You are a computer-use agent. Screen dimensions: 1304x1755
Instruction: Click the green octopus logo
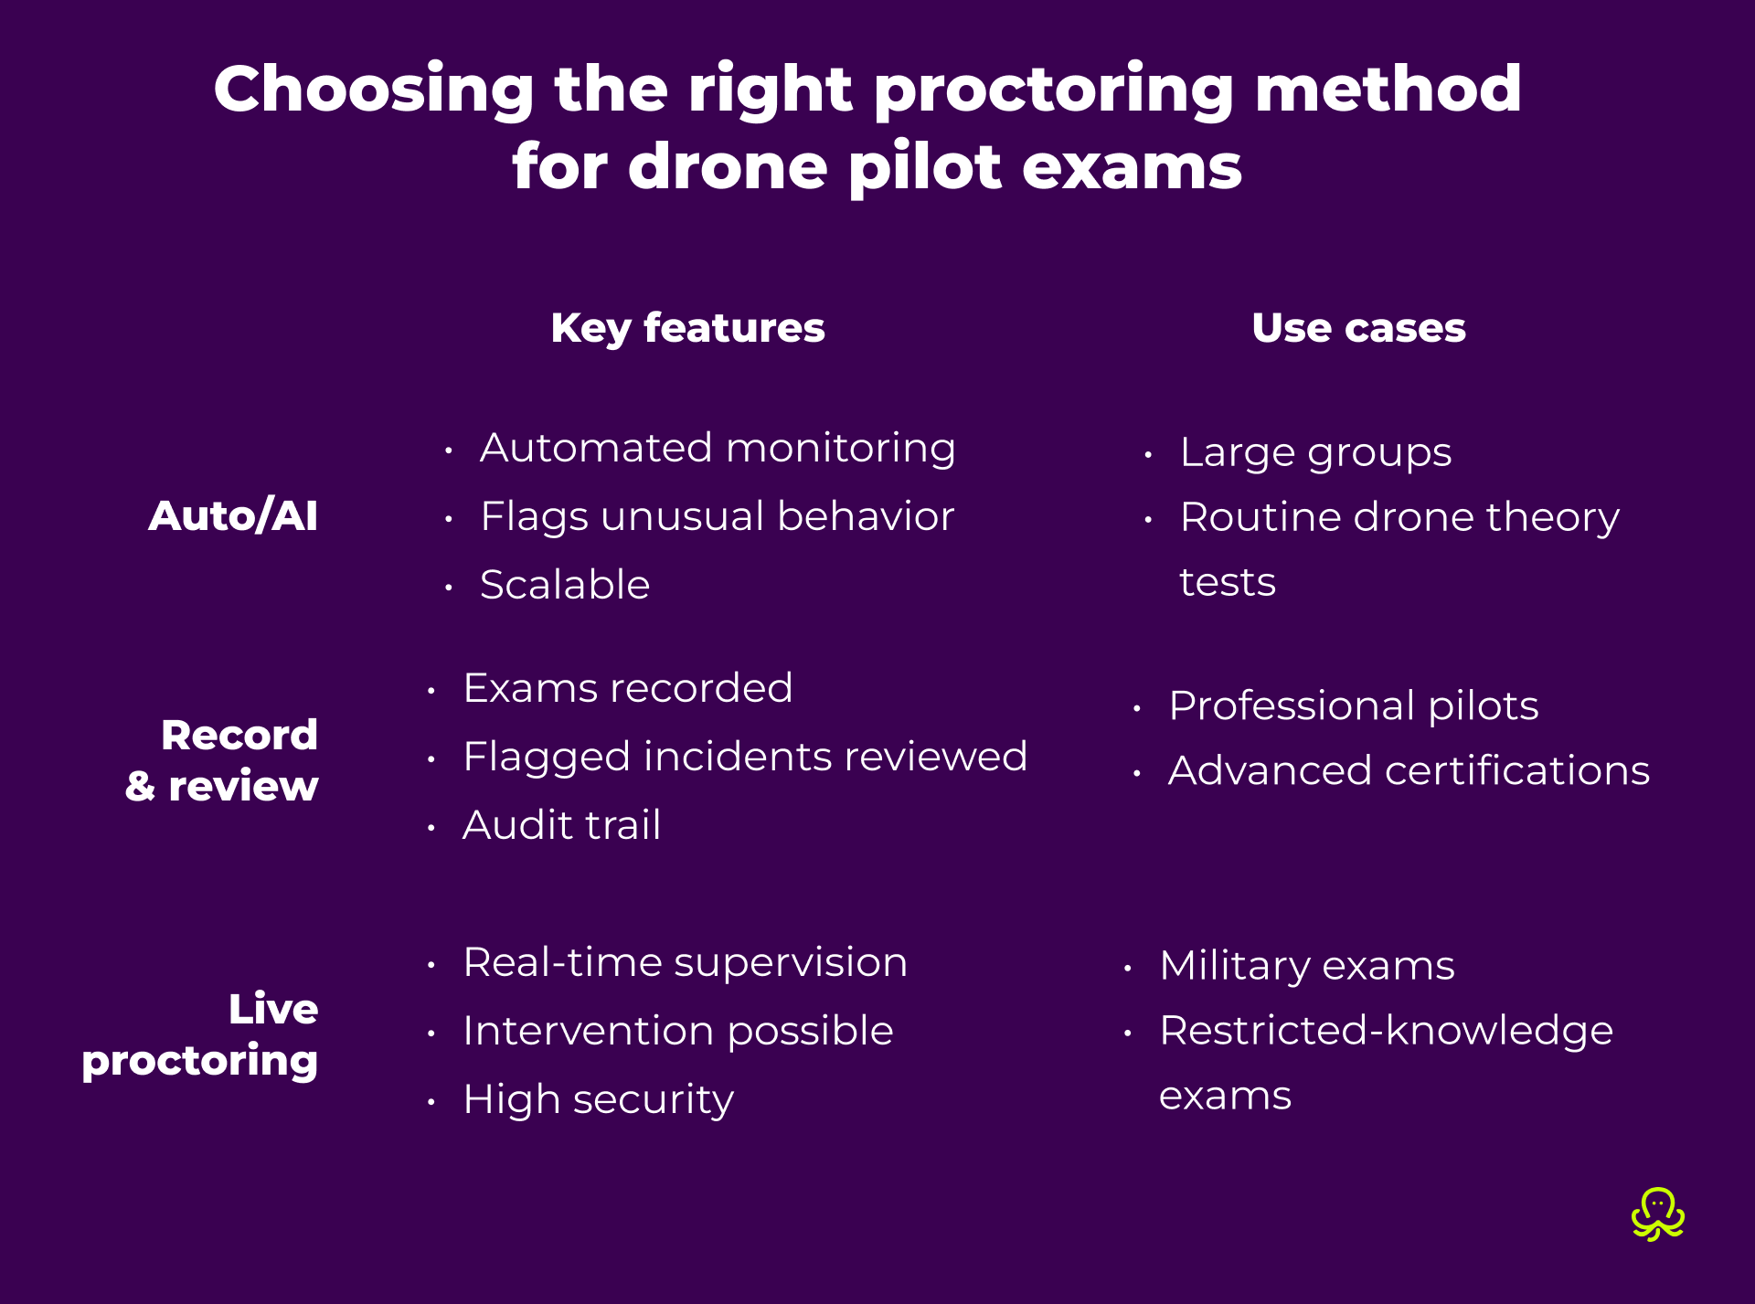point(1657,1214)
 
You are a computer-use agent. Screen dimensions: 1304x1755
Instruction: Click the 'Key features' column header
point(687,328)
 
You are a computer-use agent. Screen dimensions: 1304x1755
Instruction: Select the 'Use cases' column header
point(1358,328)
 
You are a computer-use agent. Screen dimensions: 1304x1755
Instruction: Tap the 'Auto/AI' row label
point(233,516)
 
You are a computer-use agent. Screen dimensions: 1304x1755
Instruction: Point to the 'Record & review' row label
point(223,760)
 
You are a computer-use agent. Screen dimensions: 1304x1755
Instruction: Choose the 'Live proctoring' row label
point(201,1034)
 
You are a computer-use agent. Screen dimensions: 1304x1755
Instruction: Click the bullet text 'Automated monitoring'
point(718,449)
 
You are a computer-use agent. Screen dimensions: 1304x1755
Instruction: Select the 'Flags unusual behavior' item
point(718,517)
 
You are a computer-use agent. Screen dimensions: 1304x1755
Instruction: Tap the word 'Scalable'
point(565,585)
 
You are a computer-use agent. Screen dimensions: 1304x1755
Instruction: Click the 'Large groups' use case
point(1315,453)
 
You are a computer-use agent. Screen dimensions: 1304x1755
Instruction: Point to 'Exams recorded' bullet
point(628,688)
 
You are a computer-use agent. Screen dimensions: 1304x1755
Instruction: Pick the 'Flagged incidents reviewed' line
point(745,757)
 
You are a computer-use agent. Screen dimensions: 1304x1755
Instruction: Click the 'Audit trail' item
point(561,825)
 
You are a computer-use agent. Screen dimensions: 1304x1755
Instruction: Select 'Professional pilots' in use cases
point(1354,706)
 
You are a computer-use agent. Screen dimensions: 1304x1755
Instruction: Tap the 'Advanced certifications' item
point(1409,771)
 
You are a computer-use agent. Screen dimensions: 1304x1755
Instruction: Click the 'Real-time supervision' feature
point(685,962)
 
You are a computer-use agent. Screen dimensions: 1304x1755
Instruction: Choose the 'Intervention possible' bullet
point(677,1031)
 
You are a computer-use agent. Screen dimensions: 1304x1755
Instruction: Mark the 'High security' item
point(598,1099)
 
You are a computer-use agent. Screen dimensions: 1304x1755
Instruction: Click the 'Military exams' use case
point(1307,966)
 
